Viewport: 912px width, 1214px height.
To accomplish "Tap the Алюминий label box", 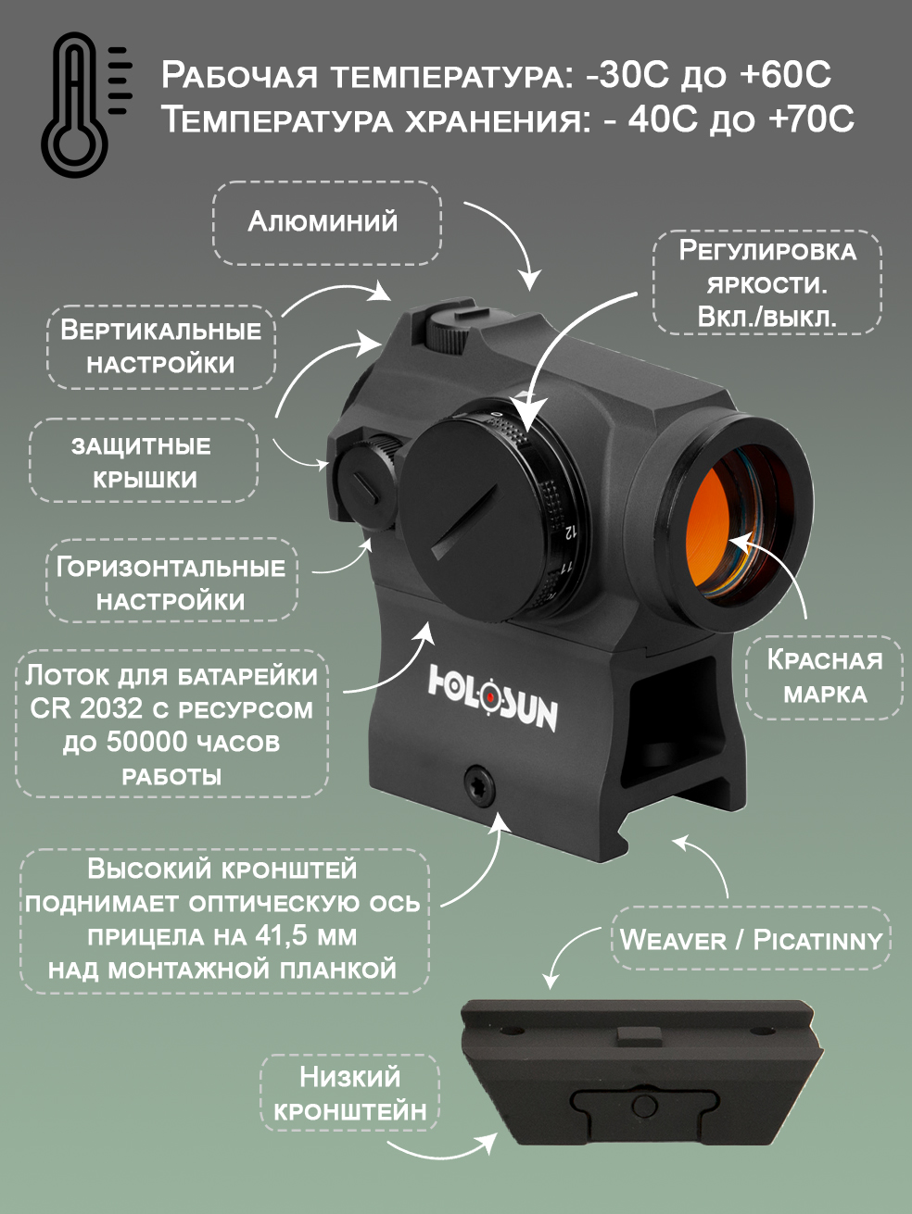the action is click(x=326, y=222).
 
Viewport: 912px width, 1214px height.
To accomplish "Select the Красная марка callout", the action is click(x=825, y=677).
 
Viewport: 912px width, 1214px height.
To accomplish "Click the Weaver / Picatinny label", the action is click(x=751, y=940).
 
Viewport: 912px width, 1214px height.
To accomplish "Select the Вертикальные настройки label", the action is click(x=161, y=346).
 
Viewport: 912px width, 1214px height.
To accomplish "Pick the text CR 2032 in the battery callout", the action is click(x=86, y=709).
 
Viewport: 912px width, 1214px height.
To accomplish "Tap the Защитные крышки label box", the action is click(x=144, y=461).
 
